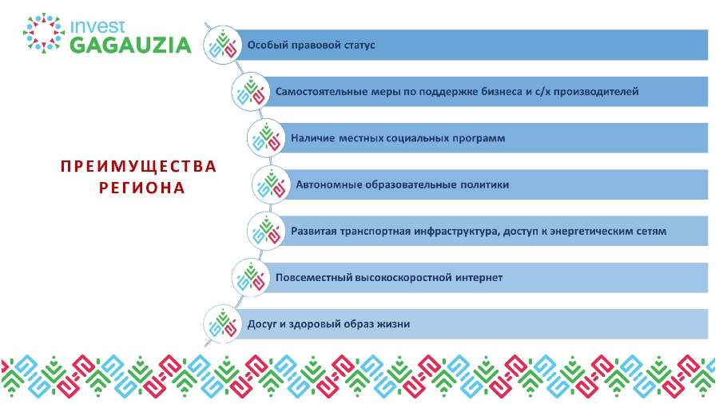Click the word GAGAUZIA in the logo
[x=131, y=46]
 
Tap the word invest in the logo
[x=97, y=26]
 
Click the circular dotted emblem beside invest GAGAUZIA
[x=44, y=33]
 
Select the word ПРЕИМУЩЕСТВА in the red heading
[x=138, y=166]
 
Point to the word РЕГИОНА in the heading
[x=141, y=188]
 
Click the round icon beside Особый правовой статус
[x=223, y=45]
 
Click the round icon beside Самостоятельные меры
[x=250, y=92]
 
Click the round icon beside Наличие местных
[x=266, y=138]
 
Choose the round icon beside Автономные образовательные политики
[x=271, y=184]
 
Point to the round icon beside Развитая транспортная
[x=266, y=231]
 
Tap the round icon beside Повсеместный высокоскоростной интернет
[x=250, y=278]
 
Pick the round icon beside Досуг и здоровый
[x=223, y=324]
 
